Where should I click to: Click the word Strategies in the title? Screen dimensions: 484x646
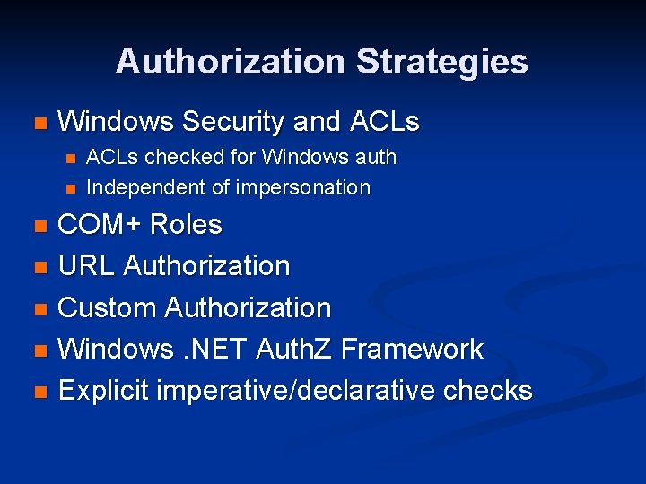[441, 62]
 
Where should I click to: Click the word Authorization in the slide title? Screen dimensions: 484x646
[230, 62]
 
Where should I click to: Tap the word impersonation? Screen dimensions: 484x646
[303, 187]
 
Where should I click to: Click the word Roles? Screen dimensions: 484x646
[186, 224]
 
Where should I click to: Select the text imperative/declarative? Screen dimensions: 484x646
[295, 391]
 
